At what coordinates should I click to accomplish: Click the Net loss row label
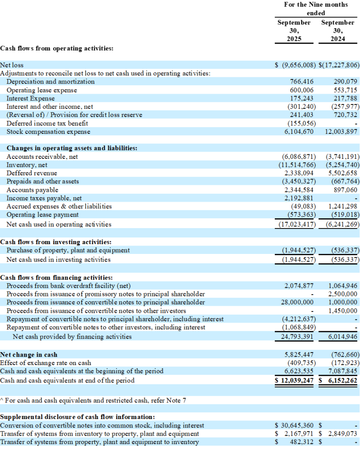pos(12,65)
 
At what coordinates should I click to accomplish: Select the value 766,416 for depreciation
pos(302,82)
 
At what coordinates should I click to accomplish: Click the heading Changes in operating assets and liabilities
pos(72,148)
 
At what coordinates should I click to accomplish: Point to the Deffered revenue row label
pos(32,173)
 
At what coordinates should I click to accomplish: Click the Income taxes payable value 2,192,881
pos(300,198)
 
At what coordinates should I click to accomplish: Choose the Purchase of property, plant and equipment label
pos(68,250)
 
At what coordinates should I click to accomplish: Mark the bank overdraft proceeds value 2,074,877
pos(299,286)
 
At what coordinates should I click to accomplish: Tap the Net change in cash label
pos(29,355)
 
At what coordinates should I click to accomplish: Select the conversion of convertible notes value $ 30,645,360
pos(295,425)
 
